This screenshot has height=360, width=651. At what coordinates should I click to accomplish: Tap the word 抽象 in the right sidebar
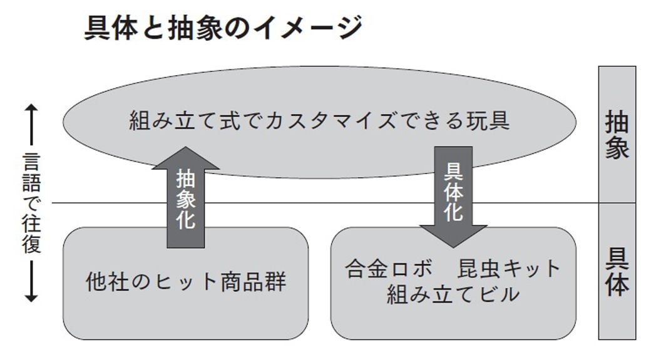617,135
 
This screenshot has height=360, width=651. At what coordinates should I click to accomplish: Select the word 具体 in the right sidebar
617,273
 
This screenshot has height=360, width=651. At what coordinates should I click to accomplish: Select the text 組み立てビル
453,293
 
